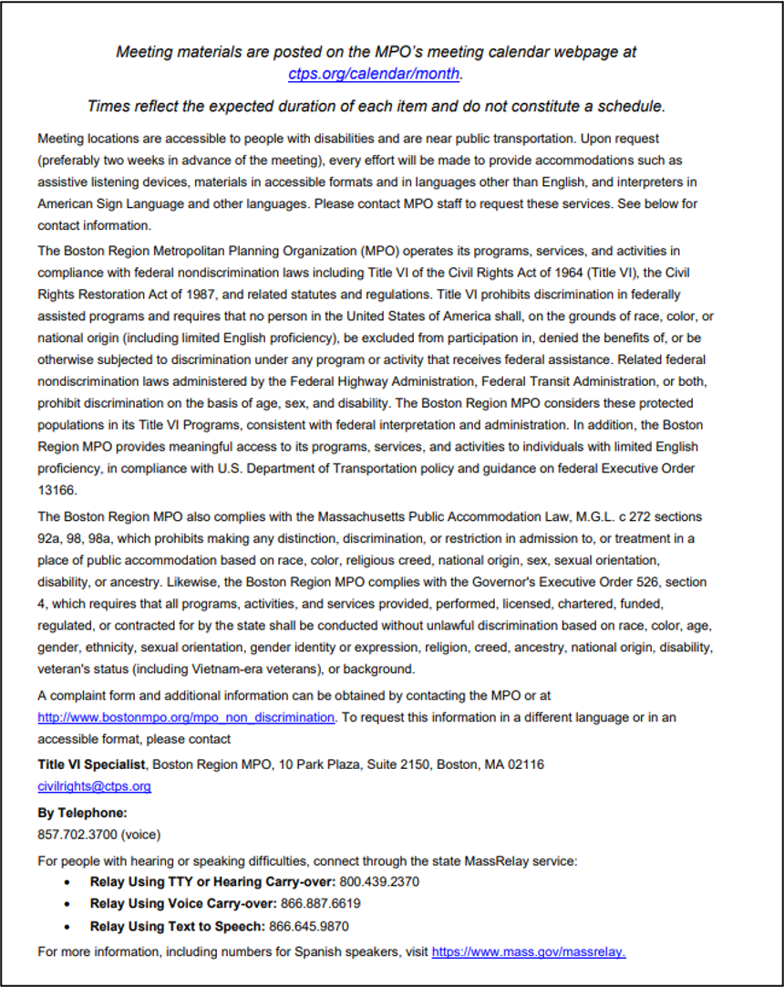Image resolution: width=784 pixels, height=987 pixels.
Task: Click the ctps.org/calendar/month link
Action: [x=375, y=74]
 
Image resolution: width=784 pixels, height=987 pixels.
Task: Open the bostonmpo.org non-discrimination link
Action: [x=186, y=718]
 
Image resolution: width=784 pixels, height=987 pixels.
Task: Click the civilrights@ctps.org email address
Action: [x=94, y=786]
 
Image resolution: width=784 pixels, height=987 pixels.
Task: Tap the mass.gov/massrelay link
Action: [x=529, y=952]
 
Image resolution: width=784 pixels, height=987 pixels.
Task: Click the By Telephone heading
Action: [x=82, y=812]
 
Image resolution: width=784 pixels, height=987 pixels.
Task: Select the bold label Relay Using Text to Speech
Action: [x=177, y=927]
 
